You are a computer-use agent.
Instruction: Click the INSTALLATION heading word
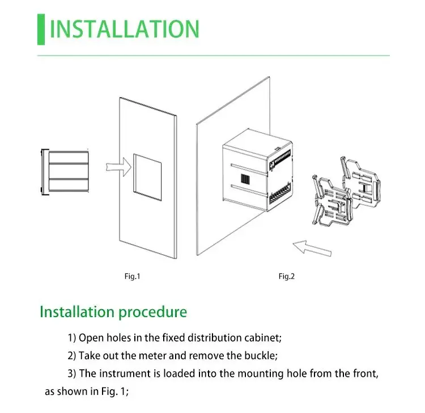pyautogui.click(x=125, y=29)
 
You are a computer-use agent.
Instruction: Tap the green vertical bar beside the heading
pyautogui.click(x=41, y=29)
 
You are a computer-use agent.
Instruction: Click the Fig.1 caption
pyautogui.click(x=132, y=276)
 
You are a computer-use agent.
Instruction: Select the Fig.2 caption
pyautogui.click(x=287, y=276)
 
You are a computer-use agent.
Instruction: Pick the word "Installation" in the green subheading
pyautogui.click(x=76, y=311)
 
